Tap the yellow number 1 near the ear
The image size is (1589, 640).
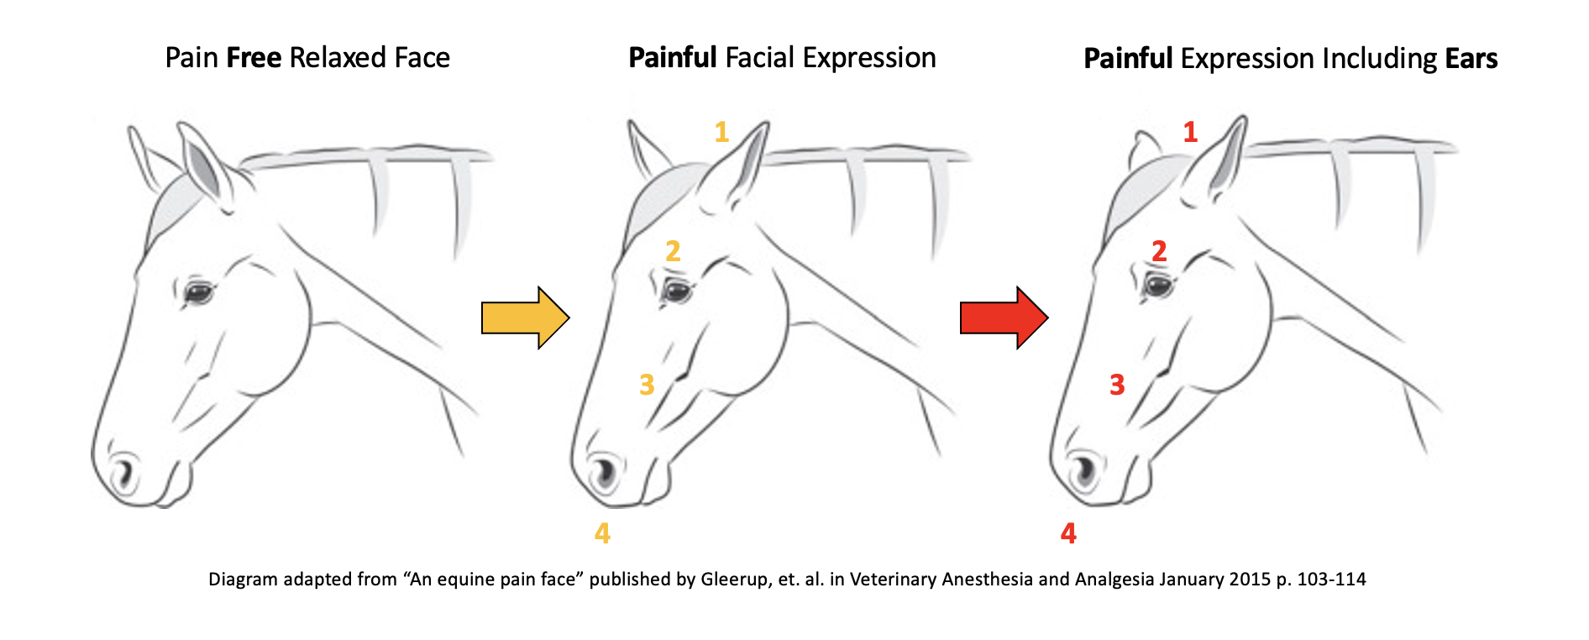pyautogui.click(x=721, y=132)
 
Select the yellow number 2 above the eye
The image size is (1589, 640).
pyautogui.click(x=673, y=251)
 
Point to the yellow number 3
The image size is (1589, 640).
pyautogui.click(x=646, y=385)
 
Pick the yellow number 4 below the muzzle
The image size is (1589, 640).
pyautogui.click(x=602, y=533)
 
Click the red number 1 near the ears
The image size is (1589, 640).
pyautogui.click(x=1190, y=132)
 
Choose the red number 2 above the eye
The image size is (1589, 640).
pyautogui.click(x=1159, y=251)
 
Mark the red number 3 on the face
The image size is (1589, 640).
pyautogui.click(x=1116, y=385)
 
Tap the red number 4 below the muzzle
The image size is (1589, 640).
pyautogui.click(x=1068, y=533)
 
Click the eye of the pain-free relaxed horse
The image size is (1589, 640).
pyautogui.click(x=199, y=293)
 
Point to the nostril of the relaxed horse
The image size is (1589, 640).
pyautogui.click(x=124, y=472)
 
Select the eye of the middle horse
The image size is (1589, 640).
pyautogui.click(x=676, y=291)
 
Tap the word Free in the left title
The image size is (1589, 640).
pyautogui.click(x=253, y=58)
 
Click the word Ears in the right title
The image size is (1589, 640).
pyautogui.click(x=1471, y=59)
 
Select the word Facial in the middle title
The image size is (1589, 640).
pyautogui.click(x=759, y=58)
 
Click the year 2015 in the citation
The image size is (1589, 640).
pyautogui.click(x=1250, y=580)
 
